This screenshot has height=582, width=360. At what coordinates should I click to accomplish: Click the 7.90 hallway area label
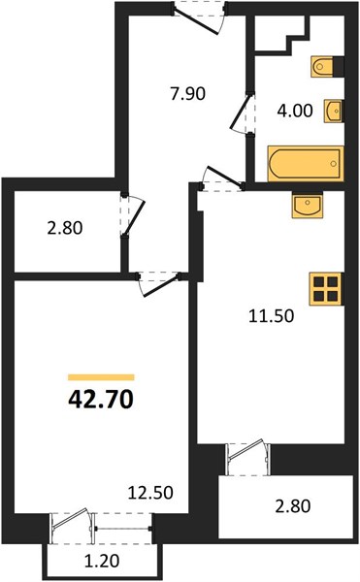188,94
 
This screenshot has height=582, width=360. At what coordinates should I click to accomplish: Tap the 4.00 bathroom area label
295,111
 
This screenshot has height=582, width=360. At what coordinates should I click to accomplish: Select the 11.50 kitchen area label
272,316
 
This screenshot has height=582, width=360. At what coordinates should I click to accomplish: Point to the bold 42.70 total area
101,400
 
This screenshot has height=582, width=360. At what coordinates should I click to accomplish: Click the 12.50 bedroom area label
150,493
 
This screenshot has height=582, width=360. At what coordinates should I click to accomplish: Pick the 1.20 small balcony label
102,561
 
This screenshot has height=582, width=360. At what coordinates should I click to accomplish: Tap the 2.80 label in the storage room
65,228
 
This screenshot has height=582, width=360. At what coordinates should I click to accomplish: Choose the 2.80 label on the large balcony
293,506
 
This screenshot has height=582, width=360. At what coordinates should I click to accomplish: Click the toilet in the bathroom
322,67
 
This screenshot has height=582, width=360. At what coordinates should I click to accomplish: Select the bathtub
306,164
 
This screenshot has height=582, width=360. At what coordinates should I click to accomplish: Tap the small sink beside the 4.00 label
333,111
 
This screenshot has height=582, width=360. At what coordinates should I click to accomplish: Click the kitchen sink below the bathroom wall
308,205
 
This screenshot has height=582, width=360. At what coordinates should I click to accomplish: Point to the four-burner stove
326,289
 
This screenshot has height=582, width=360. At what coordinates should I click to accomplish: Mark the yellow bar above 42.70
101,377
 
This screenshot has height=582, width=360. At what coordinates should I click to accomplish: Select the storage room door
134,216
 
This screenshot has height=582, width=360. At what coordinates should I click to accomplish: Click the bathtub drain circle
334,164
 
